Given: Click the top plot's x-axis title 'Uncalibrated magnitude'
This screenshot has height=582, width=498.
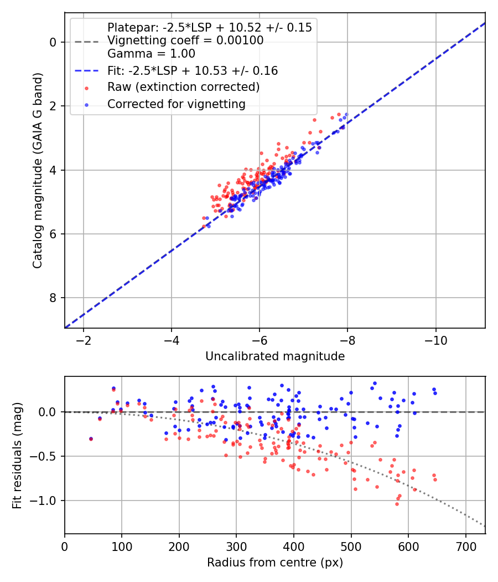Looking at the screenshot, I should (275, 356).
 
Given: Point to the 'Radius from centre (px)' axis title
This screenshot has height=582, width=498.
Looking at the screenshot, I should (275, 563).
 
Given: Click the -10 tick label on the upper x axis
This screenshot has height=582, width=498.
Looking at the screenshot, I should (435, 340).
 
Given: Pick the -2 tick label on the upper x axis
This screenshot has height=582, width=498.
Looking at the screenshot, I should (84, 340).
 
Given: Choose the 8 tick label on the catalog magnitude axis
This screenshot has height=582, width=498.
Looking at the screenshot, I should (53, 298).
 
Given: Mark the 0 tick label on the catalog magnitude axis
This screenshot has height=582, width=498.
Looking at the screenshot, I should (53, 42).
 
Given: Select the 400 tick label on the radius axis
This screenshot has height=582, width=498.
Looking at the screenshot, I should (294, 546).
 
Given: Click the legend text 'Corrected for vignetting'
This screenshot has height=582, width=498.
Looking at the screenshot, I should (176, 104).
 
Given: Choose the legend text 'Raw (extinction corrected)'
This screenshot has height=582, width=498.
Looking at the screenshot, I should (183, 87).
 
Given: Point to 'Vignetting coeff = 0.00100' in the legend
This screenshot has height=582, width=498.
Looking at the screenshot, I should (185, 40).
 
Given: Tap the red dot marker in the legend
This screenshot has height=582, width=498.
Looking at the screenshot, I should (87, 87).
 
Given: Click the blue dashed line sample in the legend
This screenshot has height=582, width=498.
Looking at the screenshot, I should (87, 71).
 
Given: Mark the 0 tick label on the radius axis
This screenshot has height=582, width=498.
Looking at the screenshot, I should (65, 546).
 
